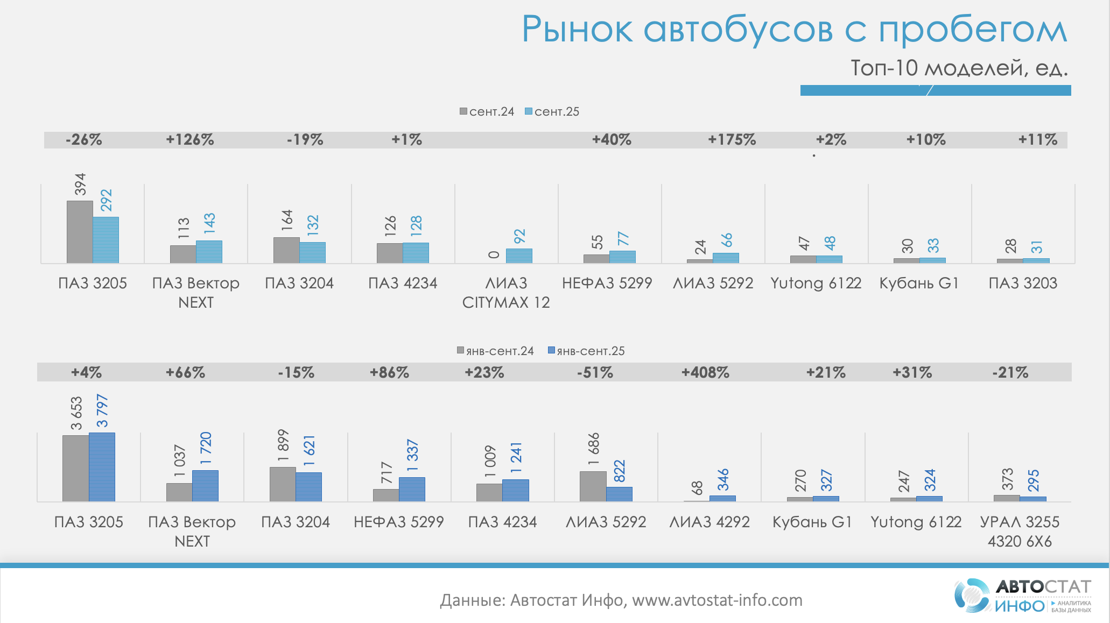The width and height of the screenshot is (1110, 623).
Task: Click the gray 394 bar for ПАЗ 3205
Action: click(80, 232)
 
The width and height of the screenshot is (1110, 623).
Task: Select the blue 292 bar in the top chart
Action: click(106, 240)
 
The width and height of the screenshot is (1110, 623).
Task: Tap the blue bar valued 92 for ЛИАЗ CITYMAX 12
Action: click(519, 256)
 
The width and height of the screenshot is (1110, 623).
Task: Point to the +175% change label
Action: click(732, 140)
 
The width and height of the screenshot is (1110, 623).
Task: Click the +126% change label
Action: click(190, 140)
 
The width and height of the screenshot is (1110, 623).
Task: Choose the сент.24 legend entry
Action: click(487, 112)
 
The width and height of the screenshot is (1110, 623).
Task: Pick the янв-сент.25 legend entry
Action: click(586, 351)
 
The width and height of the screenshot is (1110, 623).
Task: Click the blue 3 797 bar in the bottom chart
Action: click(102, 467)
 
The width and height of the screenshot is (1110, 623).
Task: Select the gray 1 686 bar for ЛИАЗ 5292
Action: click(593, 486)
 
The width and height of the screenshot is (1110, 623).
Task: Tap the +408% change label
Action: click(705, 372)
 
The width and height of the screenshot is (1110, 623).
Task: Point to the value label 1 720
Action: click(206, 448)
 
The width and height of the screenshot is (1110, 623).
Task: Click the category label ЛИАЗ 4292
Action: click(709, 522)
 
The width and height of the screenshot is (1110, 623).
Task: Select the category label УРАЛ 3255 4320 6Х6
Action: click(1020, 532)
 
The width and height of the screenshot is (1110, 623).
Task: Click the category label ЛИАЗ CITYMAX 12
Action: click(506, 293)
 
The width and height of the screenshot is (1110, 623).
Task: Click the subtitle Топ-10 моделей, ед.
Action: click(959, 68)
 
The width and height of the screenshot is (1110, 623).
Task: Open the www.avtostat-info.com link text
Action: click(717, 600)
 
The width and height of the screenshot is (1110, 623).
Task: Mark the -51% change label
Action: click(595, 372)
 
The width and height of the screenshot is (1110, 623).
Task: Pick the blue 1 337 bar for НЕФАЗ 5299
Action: click(412, 489)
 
